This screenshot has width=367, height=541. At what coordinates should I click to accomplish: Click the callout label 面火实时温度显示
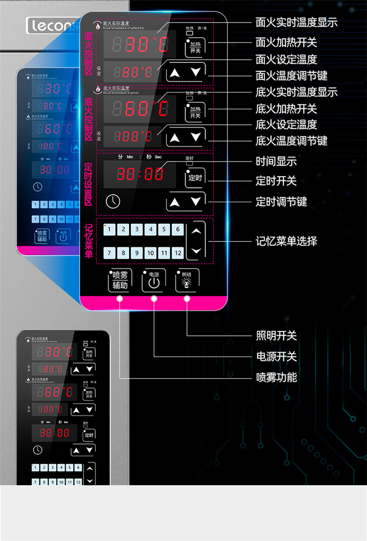[x=296, y=23]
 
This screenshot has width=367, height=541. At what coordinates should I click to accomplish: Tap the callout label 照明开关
[x=276, y=336]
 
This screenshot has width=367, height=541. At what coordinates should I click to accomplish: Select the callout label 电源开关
[x=276, y=356]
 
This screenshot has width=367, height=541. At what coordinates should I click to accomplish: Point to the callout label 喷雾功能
[x=276, y=377]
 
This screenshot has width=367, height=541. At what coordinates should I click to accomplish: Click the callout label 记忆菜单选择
[x=286, y=241]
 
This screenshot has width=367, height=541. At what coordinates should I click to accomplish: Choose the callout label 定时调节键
[x=281, y=202]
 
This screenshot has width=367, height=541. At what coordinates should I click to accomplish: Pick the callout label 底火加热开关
[x=286, y=109]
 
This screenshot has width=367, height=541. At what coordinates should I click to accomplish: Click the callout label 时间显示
[x=276, y=162]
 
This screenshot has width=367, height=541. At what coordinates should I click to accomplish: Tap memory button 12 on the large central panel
[x=178, y=253]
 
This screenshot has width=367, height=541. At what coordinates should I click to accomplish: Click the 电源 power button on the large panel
[x=154, y=281]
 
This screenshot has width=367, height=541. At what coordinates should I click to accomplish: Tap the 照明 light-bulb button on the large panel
[x=186, y=281]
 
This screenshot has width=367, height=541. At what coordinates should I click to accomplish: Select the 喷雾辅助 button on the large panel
[x=120, y=281]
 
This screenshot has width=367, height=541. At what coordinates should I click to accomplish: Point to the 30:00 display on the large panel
[x=140, y=174]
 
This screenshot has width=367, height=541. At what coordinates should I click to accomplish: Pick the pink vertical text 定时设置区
[x=89, y=185]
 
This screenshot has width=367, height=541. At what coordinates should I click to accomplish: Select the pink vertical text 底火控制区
[x=89, y=119]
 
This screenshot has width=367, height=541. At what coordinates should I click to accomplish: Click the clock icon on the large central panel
[x=113, y=201]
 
